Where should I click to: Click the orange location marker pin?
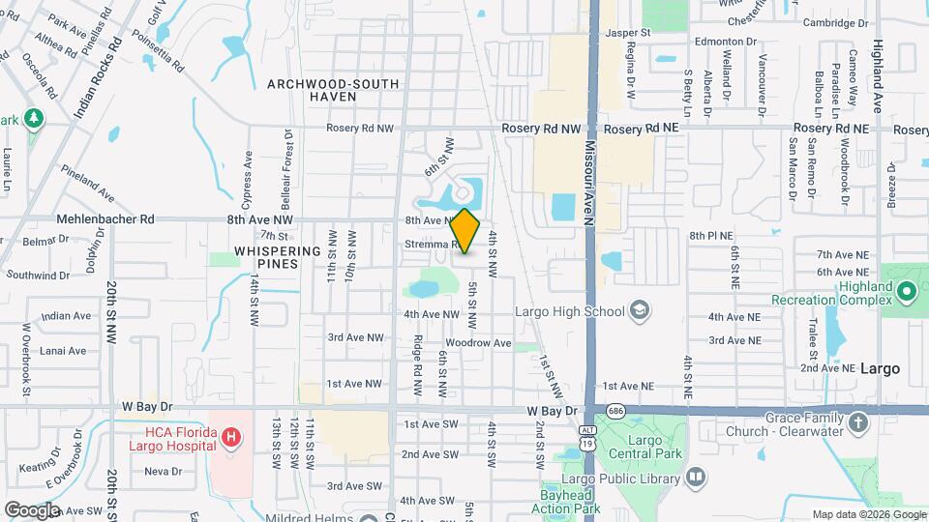[465, 230]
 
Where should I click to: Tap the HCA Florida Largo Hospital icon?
[230, 438]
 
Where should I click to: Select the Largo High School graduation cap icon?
[639, 310]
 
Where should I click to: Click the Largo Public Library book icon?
[696, 477]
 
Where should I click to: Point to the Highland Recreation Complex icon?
[906, 290]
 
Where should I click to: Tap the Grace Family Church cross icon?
[858, 422]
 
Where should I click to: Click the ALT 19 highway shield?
[587, 435]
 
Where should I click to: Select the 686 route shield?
[616, 410]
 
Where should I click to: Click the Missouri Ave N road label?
[587, 184]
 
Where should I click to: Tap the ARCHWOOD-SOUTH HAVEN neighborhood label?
[333, 91]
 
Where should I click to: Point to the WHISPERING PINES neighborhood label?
[278, 257]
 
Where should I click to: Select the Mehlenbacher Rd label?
[106, 219]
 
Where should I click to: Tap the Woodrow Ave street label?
[478, 343]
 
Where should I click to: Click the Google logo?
[32, 509]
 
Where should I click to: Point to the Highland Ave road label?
[878, 63]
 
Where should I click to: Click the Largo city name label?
[880, 368]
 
